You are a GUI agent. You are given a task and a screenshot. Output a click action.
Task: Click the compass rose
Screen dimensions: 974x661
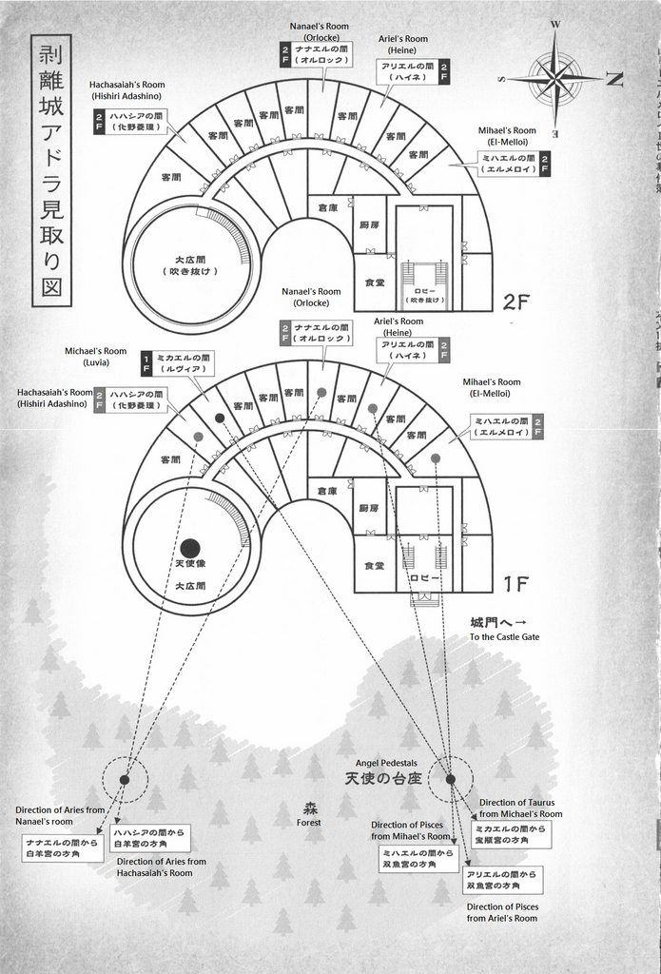556,75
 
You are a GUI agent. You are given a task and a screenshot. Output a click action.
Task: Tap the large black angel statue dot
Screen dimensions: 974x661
190,548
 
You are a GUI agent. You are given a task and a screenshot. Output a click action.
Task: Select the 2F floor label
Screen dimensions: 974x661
522,303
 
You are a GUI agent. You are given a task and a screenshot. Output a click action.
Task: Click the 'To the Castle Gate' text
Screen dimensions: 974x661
504,636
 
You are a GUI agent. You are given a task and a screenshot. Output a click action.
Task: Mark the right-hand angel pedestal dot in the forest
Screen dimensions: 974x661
451,779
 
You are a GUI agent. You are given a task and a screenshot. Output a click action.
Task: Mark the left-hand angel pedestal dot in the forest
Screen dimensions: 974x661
125,779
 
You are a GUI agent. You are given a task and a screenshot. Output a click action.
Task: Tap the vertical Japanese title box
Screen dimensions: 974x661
50,170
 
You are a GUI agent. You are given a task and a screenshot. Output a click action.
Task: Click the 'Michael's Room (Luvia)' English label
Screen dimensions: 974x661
95,357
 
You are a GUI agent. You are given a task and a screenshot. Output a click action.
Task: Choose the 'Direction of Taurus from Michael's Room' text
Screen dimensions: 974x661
520,808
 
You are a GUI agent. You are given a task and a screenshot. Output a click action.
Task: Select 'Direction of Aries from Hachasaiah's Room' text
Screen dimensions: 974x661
161,867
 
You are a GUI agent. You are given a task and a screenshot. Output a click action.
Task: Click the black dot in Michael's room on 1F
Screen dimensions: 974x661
220,418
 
